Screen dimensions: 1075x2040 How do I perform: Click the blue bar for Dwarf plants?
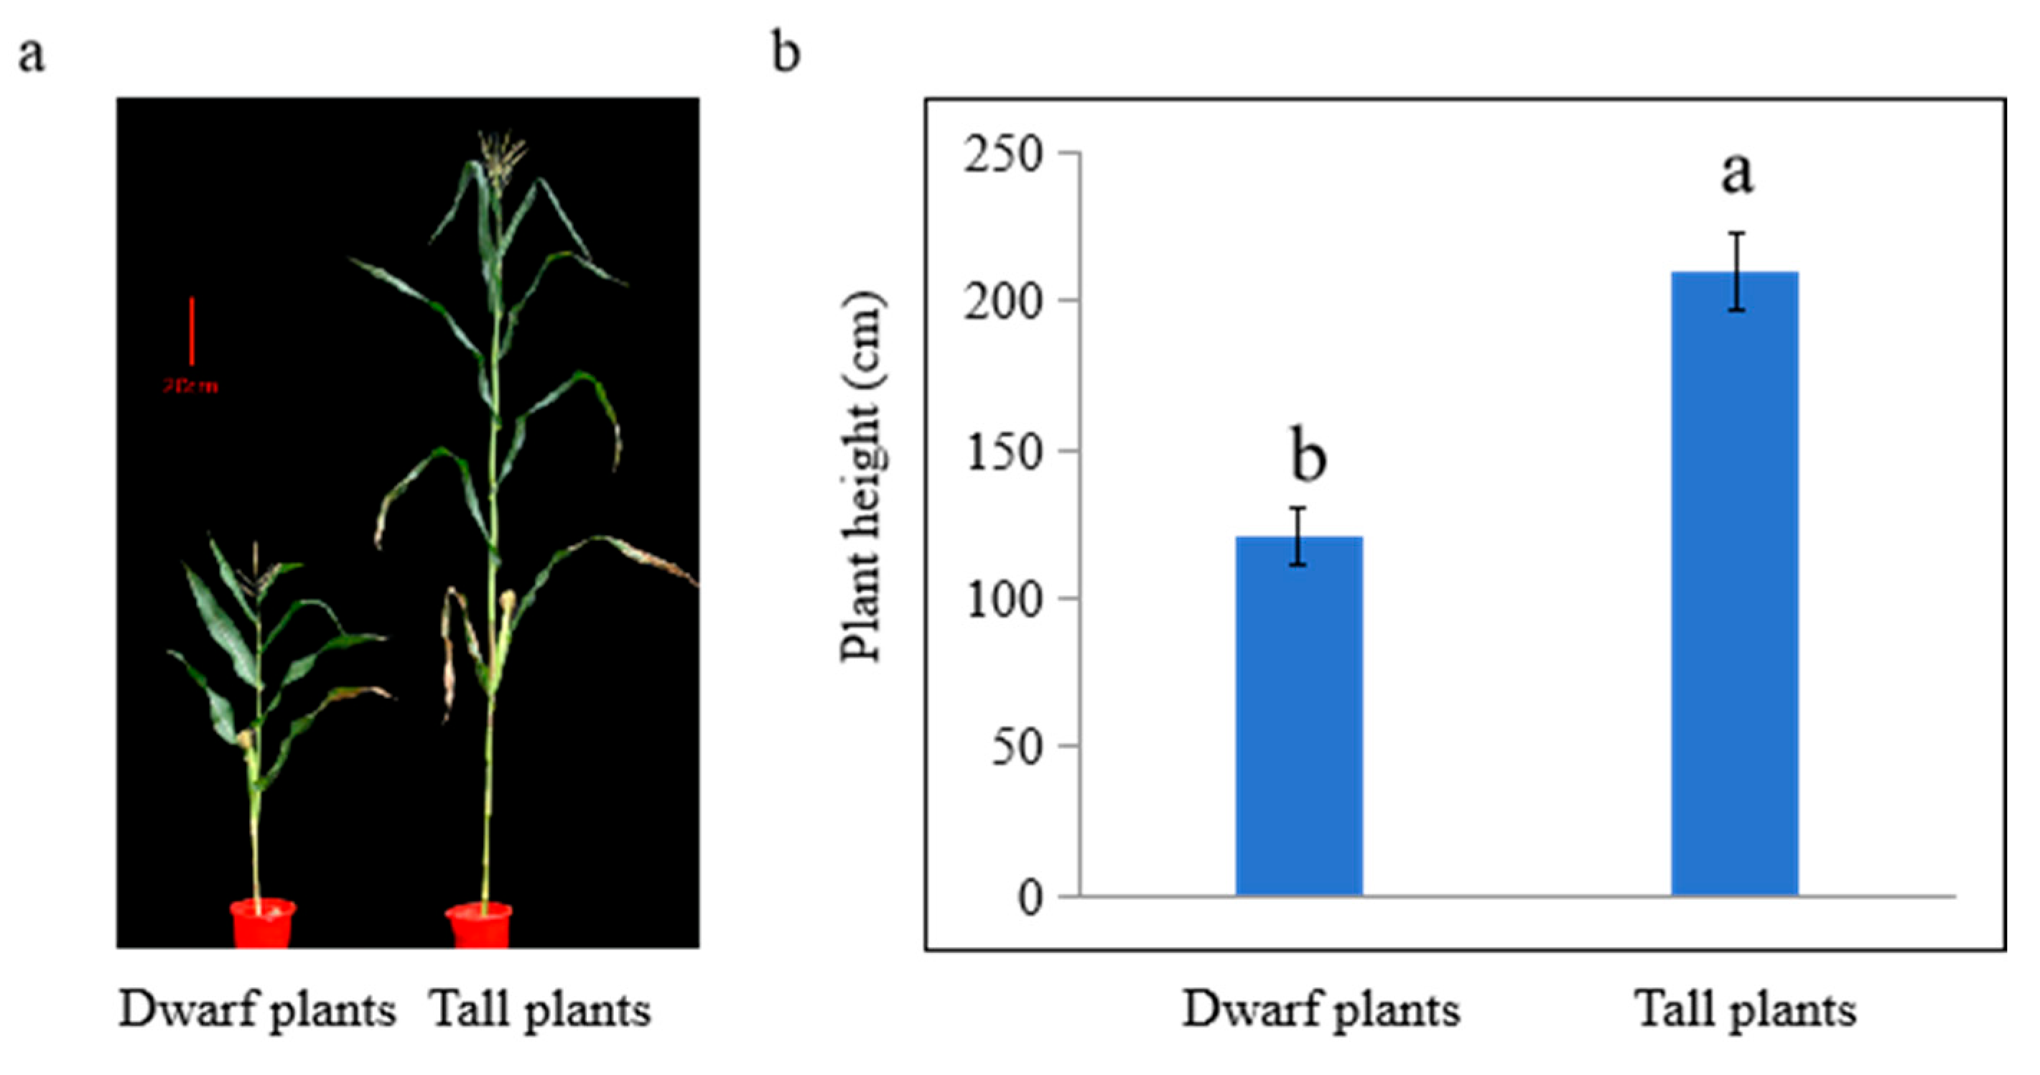pyautogui.click(x=1299, y=716)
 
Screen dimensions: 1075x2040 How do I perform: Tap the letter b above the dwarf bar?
pyautogui.click(x=1308, y=455)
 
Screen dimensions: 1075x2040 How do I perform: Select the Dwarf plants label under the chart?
pyautogui.click(x=1321, y=1011)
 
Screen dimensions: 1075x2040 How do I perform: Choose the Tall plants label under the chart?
pyautogui.click(x=1746, y=1011)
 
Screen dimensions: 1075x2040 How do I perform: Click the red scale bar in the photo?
pyautogui.click(x=192, y=331)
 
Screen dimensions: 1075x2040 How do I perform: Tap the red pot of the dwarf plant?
pyautogui.click(x=263, y=923)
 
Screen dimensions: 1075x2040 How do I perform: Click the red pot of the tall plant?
pyautogui.click(x=479, y=926)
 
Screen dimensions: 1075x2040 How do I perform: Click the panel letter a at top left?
pyautogui.click(x=31, y=55)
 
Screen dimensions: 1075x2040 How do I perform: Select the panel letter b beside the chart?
pyautogui.click(x=786, y=54)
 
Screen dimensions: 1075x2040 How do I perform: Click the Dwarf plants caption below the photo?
pyautogui.click(x=257, y=1011)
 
